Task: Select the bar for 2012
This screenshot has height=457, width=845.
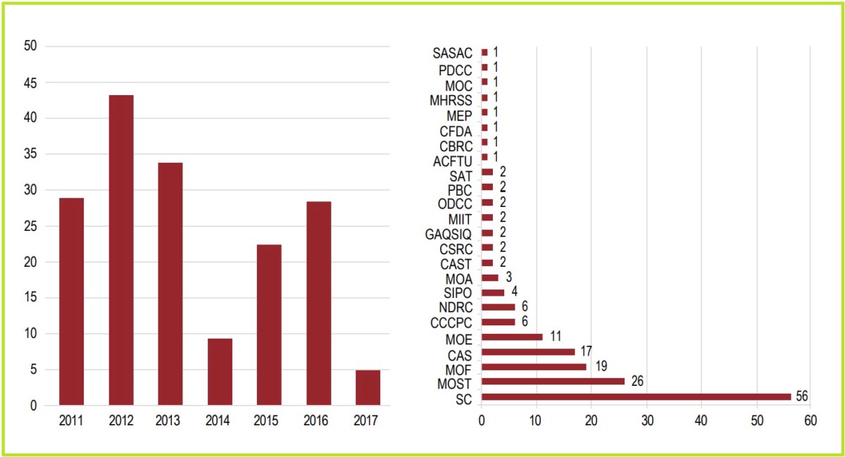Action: (x=121, y=250)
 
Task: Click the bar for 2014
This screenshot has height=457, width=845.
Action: (x=220, y=372)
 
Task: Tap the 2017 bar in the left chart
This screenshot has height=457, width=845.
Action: (x=368, y=387)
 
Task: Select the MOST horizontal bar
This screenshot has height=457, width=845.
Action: (x=553, y=382)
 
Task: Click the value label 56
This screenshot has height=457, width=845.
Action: (x=801, y=396)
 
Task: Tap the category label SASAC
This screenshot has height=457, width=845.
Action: (x=452, y=52)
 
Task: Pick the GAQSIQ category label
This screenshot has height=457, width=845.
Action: (x=449, y=233)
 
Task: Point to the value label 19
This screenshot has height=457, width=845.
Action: (x=600, y=366)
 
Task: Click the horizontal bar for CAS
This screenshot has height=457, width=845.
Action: (x=528, y=351)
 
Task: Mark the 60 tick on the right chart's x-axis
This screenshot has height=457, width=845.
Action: (x=810, y=420)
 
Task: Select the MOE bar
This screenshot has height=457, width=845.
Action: (x=512, y=337)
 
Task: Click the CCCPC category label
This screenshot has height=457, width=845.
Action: (x=451, y=323)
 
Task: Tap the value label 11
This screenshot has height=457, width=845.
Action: (x=556, y=337)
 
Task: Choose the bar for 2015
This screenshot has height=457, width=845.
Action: (x=269, y=325)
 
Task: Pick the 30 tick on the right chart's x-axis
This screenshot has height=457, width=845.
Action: (x=646, y=420)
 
